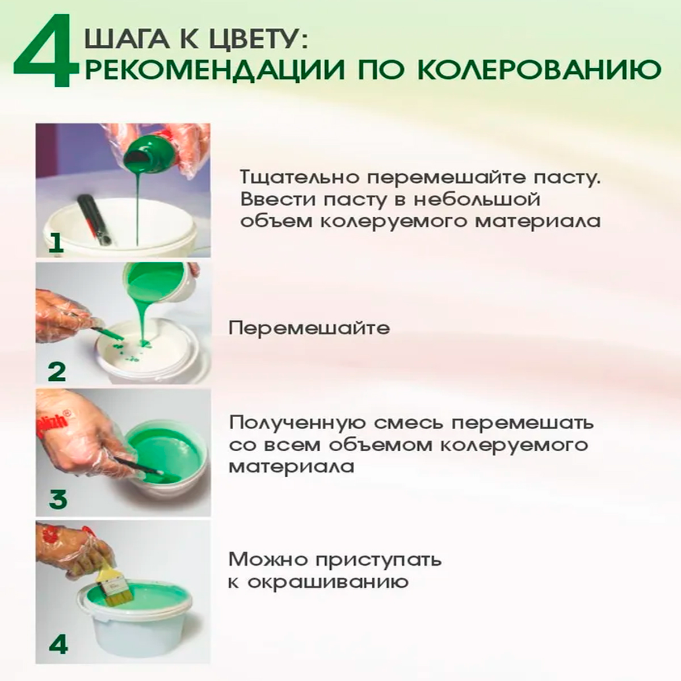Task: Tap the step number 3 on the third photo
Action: tap(58, 498)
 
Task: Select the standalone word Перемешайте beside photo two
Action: tap(310, 329)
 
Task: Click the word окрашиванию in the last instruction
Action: tap(328, 582)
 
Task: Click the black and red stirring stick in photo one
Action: tap(94, 220)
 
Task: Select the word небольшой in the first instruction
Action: tap(477, 200)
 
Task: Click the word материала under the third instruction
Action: tap(292, 467)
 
